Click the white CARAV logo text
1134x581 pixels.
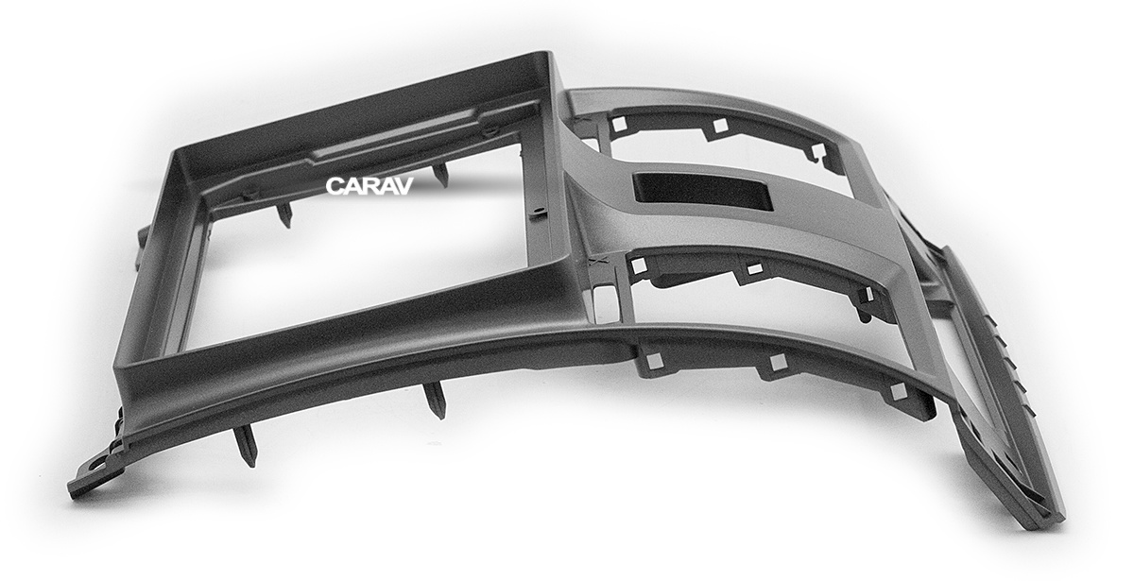tap(369, 186)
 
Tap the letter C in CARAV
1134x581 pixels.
tap(335, 186)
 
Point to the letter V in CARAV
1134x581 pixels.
tap(404, 186)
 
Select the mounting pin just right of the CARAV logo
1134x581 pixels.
tap(440, 174)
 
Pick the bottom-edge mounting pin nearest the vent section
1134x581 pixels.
tap(436, 400)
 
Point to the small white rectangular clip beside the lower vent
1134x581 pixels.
tap(603, 304)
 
